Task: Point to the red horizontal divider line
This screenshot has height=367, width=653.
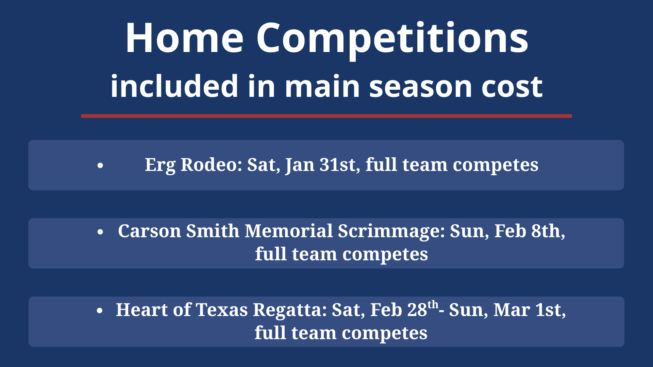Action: point(326,116)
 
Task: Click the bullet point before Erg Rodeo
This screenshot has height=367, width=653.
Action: point(100,165)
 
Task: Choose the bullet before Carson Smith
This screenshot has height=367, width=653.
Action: point(100,232)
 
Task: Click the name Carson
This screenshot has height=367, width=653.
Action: point(150,231)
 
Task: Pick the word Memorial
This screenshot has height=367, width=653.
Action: point(289,231)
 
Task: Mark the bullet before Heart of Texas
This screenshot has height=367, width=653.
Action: point(100,311)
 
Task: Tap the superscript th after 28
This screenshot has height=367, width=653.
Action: point(433,304)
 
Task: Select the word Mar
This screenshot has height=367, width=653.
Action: point(512,310)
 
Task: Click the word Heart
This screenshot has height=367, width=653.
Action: point(142,310)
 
